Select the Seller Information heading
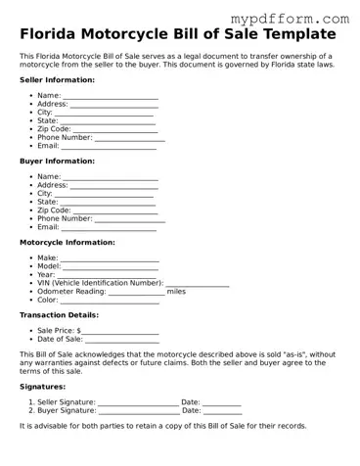coord(58,79)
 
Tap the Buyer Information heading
coord(57,161)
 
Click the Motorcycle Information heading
coord(67,242)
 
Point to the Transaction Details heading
coord(59,315)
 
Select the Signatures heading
coord(43,386)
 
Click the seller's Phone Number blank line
coord(129,139)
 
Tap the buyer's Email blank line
coord(109,228)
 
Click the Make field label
coord(47,258)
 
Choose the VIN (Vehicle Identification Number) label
coord(99,283)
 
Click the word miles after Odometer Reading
coord(176,291)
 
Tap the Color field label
coord(48,300)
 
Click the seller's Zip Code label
coord(54,129)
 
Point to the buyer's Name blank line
coord(111,177)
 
